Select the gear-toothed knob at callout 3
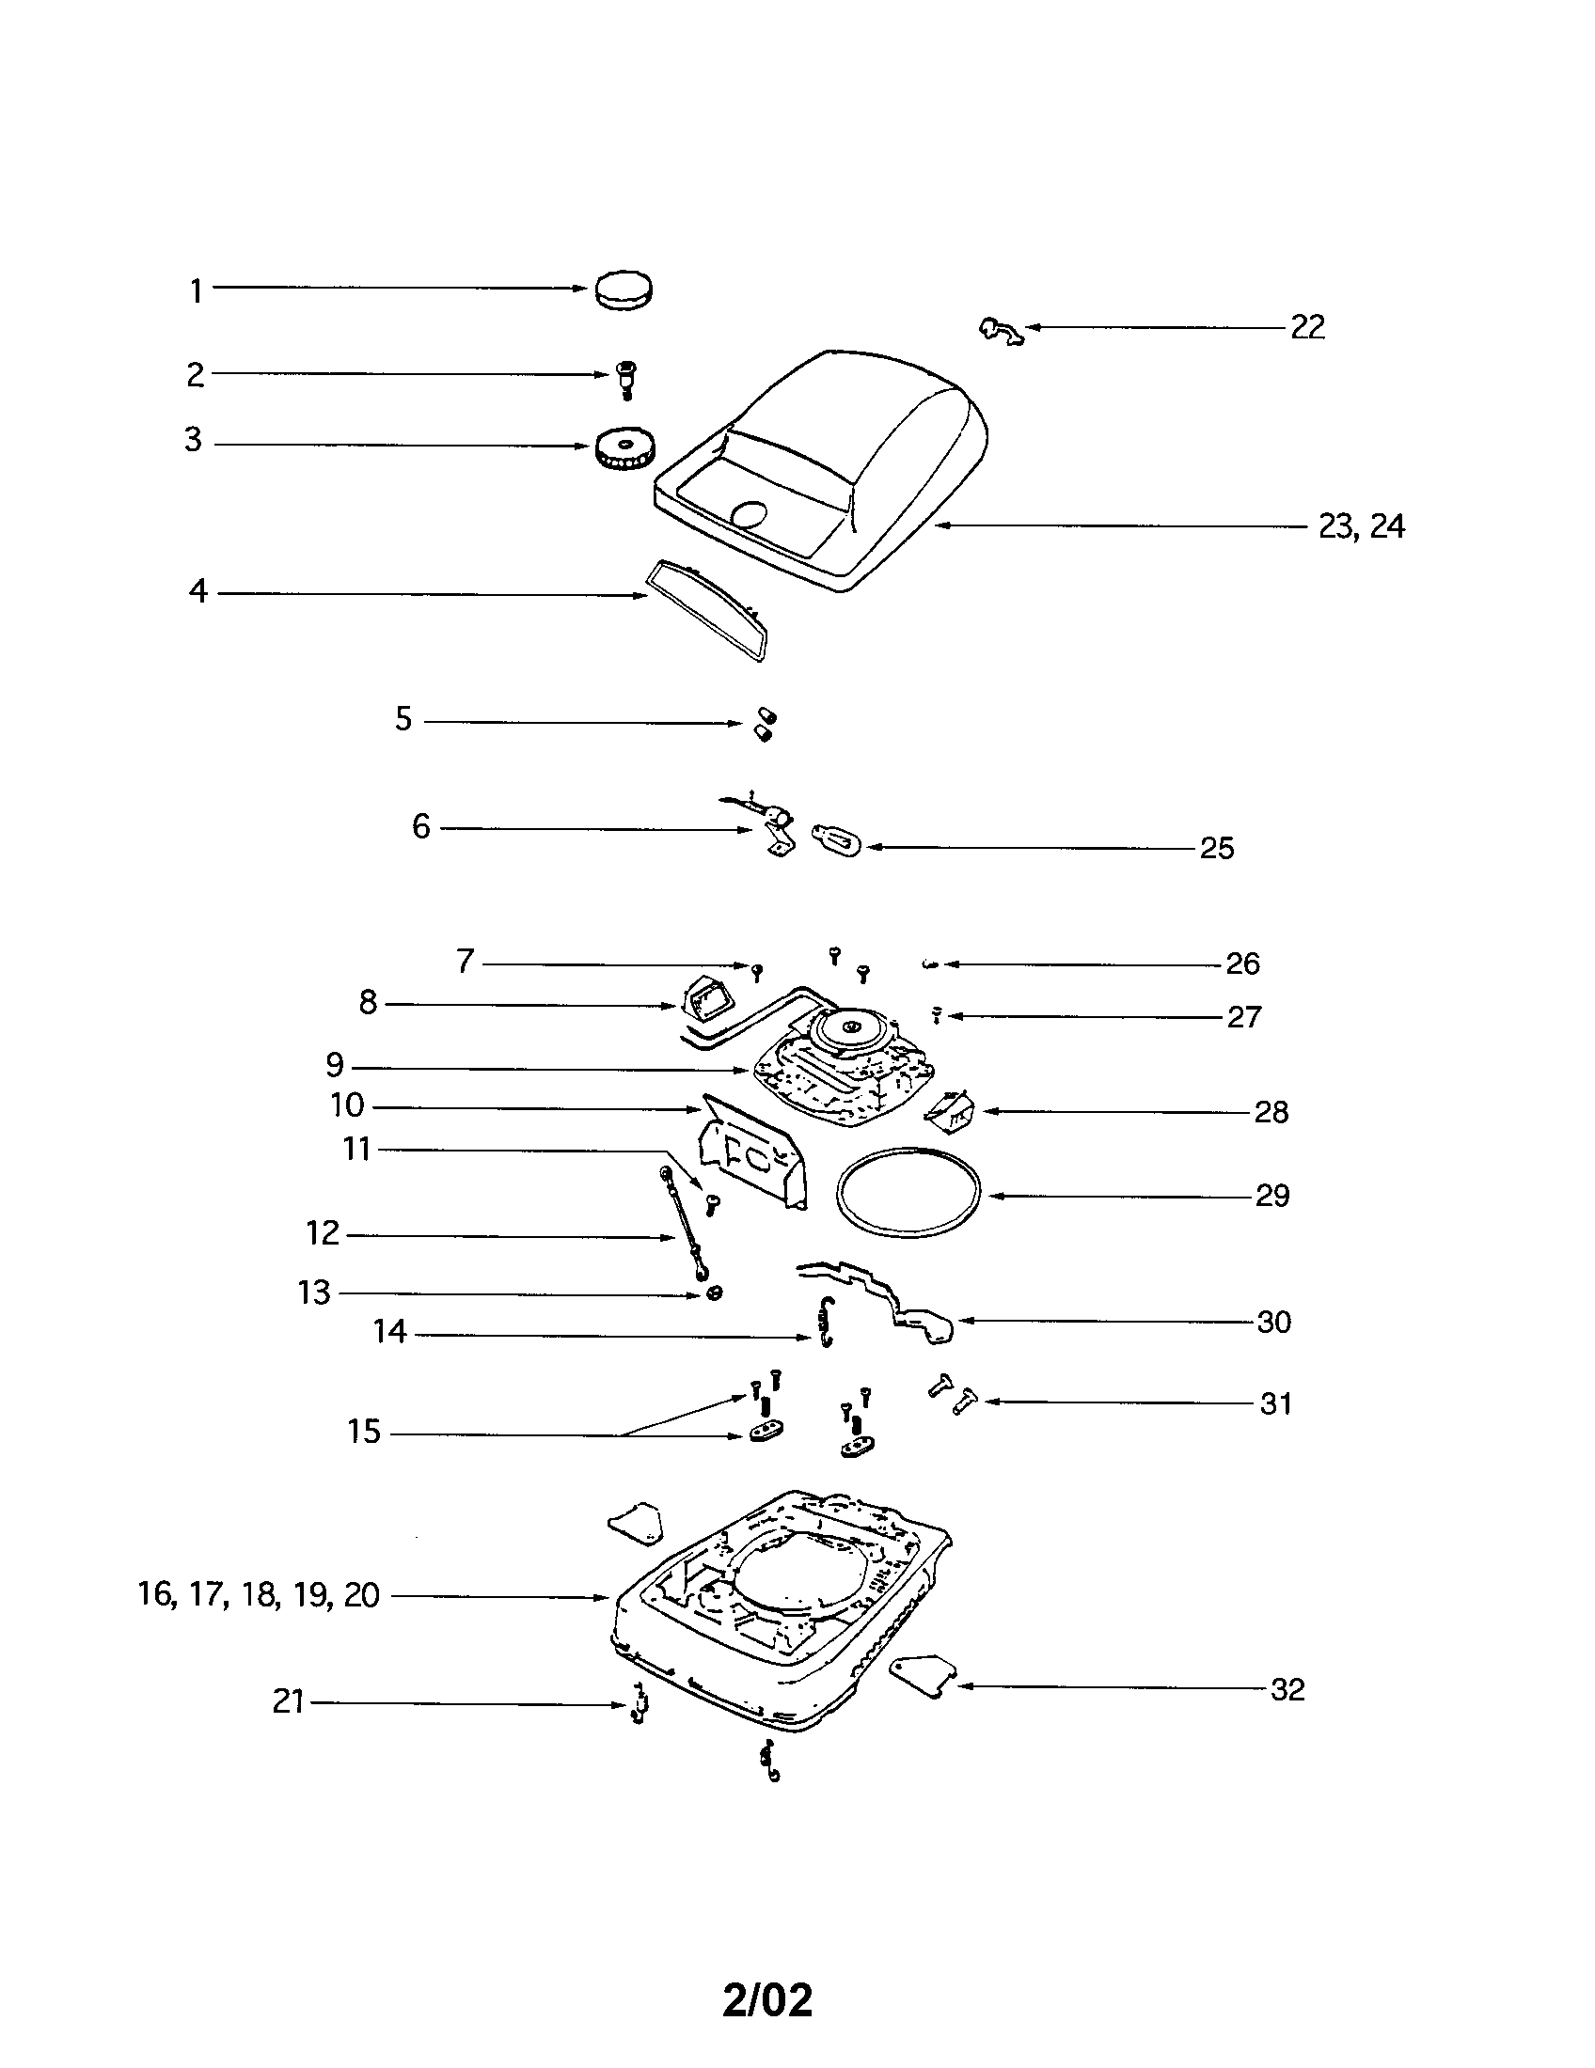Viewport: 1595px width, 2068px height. (625, 448)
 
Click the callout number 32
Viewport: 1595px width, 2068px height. (1287, 1689)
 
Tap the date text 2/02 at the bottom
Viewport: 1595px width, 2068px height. (767, 1999)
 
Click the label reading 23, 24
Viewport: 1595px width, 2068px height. (1361, 526)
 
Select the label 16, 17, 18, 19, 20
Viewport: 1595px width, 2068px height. (259, 1594)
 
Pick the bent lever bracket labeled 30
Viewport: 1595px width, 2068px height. (891, 1297)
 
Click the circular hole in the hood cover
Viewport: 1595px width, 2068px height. (751, 516)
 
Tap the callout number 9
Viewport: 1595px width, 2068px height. (335, 1065)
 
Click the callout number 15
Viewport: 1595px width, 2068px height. (364, 1432)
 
